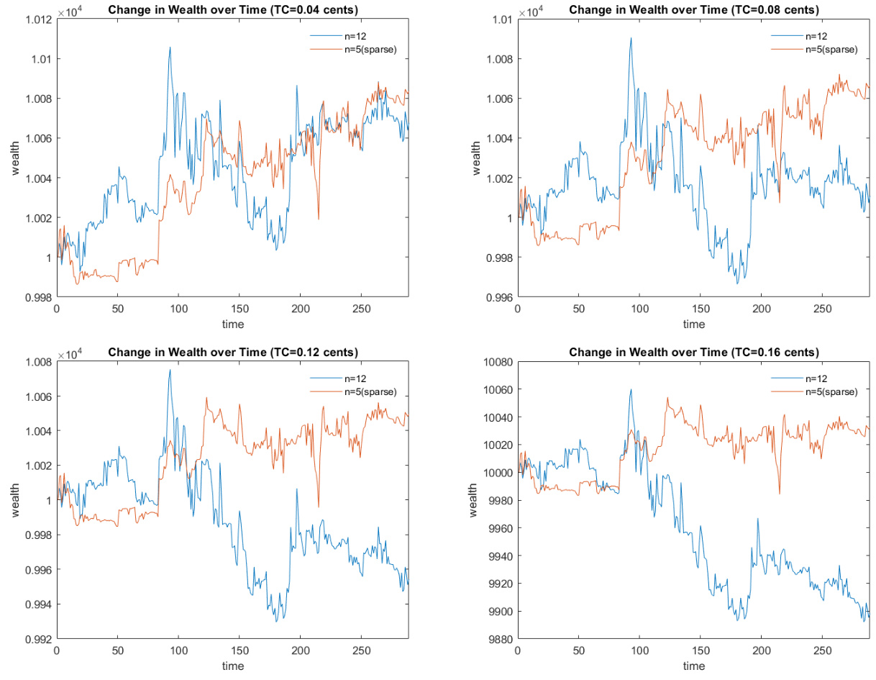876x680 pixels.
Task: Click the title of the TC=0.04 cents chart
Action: (x=232, y=9)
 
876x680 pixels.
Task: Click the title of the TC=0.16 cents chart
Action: (x=693, y=352)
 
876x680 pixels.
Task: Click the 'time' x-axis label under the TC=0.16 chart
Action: (x=693, y=666)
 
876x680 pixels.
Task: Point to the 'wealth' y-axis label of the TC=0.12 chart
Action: (x=15, y=499)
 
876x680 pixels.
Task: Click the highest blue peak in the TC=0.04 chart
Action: (x=170, y=47)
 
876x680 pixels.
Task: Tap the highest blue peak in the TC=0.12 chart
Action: (x=170, y=370)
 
